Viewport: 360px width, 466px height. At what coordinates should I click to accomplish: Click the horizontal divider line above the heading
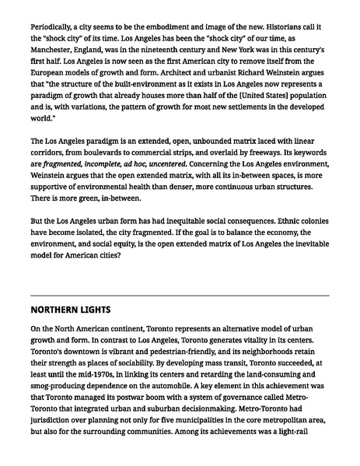pos(180,296)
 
